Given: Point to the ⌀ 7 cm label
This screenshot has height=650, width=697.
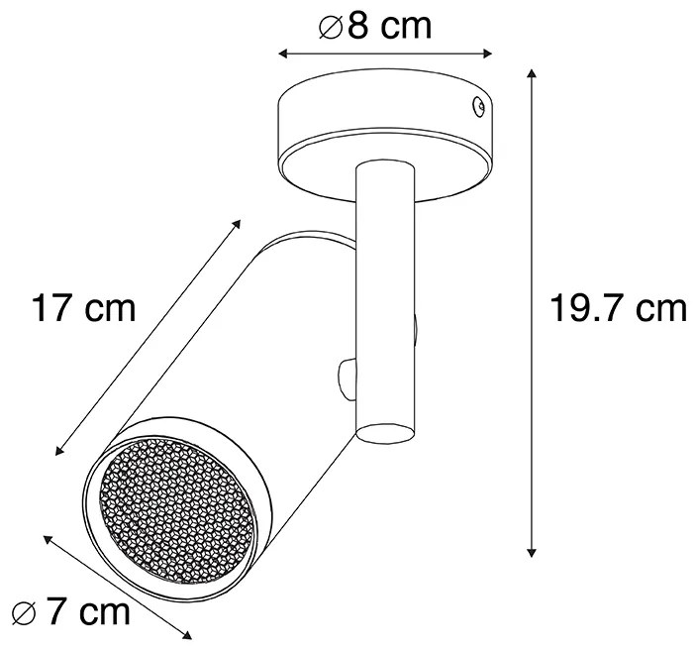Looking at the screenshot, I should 66,611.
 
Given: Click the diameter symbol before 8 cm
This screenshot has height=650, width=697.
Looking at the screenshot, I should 330,26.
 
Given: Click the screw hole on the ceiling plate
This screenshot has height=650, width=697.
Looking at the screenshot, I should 478,102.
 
